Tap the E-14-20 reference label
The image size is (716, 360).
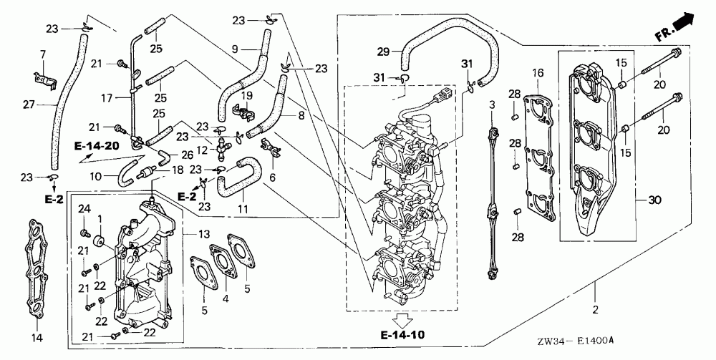pyautogui.click(x=96, y=145)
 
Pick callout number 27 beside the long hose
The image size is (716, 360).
pyautogui.click(x=29, y=104)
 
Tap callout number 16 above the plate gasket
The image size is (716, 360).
pyautogui.click(x=538, y=72)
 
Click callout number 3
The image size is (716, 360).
pyautogui.click(x=492, y=105)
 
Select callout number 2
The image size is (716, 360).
pyautogui.click(x=595, y=310)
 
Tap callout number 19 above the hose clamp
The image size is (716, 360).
pyautogui.click(x=247, y=95)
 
